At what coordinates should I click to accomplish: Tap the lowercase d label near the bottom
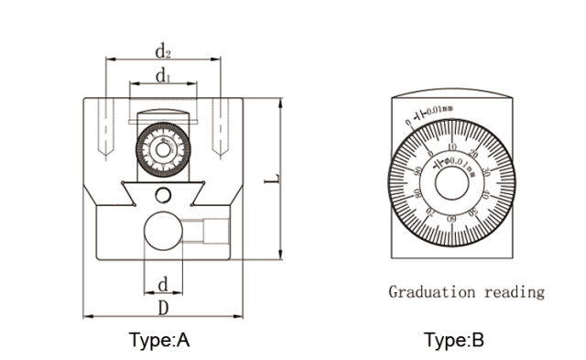[x=163, y=282]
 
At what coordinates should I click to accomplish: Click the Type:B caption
[x=453, y=341]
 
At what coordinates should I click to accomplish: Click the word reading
[x=514, y=292]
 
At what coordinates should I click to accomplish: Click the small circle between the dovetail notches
[x=163, y=194]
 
